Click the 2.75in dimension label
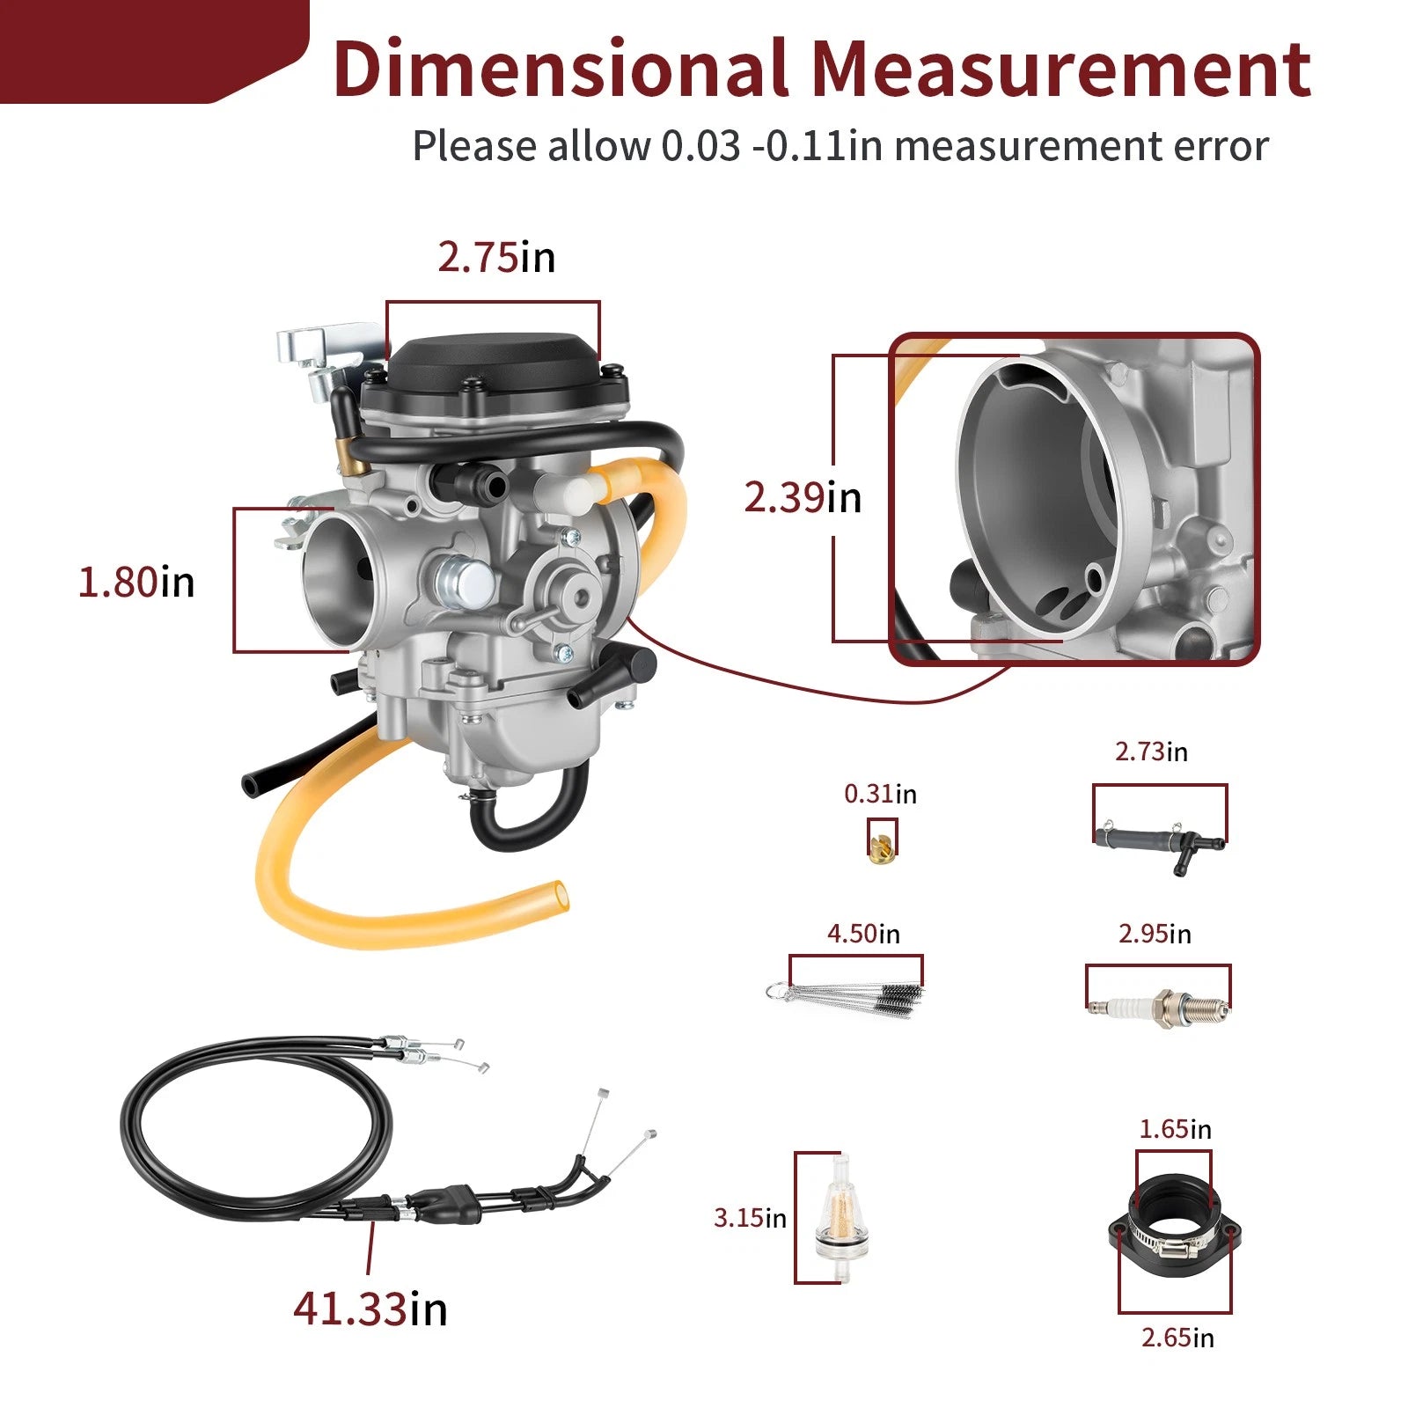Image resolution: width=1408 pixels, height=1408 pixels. pos(496,258)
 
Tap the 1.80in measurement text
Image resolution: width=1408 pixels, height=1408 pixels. pos(136,583)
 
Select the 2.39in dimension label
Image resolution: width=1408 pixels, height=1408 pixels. pos(803,498)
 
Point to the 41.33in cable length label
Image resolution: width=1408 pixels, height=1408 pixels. pos(370,1309)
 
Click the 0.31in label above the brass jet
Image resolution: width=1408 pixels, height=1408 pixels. pos(880,795)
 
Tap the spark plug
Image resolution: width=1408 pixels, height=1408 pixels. pos(1158,1006)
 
